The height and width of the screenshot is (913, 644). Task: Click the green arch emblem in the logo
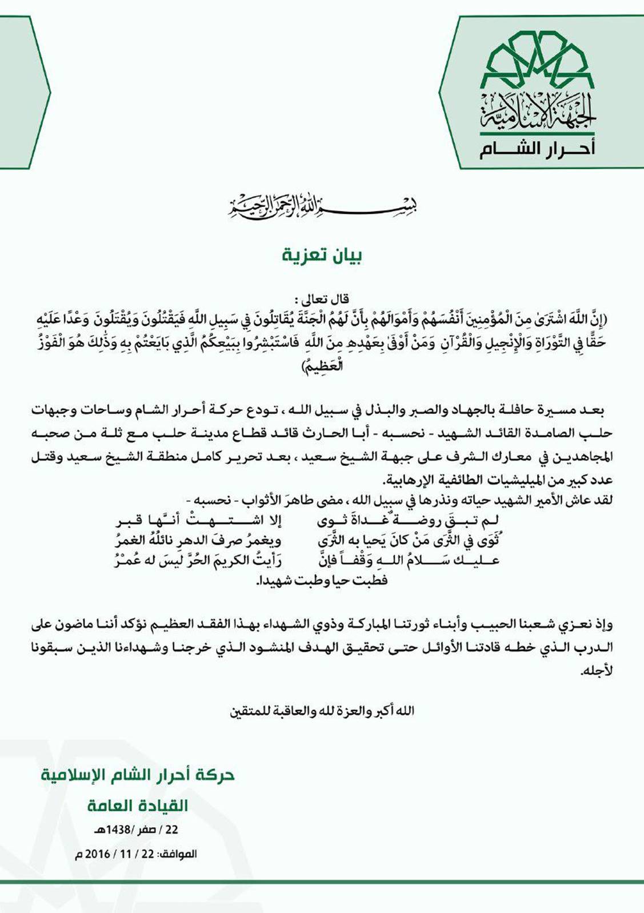coord(537,57)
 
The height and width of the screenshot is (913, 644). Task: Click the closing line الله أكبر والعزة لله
coord(322,711)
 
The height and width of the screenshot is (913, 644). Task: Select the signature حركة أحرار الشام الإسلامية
coord(138,776)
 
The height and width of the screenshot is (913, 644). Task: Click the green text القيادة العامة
coord(138,806)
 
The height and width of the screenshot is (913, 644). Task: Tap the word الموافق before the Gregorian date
coord(177,854)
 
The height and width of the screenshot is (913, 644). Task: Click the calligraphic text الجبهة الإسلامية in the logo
coord(537,111)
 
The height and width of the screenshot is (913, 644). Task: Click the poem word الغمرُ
coord(127,540)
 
